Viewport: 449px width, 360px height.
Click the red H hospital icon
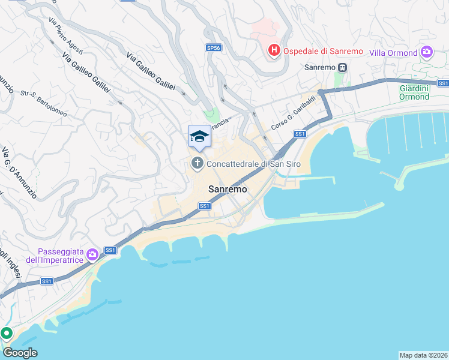pos(274,50)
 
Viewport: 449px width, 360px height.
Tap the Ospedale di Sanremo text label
pos(323,51)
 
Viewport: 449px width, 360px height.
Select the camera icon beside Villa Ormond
pos(427,52)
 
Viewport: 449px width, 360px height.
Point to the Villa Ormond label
pos(394,53)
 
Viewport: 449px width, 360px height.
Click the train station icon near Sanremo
pos(342,67)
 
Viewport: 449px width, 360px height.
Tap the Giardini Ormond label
pos(414,92)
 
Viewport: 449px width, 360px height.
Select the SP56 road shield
pos(213,47)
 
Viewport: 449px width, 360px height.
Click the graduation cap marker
pos(199,137)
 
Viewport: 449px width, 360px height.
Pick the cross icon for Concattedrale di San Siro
pos(197,163)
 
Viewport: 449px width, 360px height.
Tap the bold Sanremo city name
pos(228,189)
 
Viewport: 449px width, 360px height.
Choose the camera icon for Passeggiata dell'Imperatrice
pos(92,255)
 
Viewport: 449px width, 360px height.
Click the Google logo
pos(20,353)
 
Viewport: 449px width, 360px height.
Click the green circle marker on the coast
pos(6,332)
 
